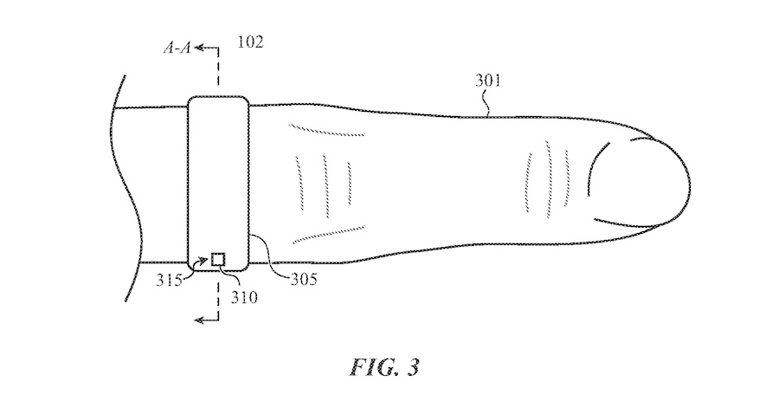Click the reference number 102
tap(251, 42)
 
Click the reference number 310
tap(245, 297)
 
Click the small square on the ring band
tap(218, 258)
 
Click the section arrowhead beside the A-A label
tap(200, 49)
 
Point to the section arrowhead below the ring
tap(201, 320)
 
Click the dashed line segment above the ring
tap(217, 74)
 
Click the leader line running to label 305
tap(268, 256)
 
